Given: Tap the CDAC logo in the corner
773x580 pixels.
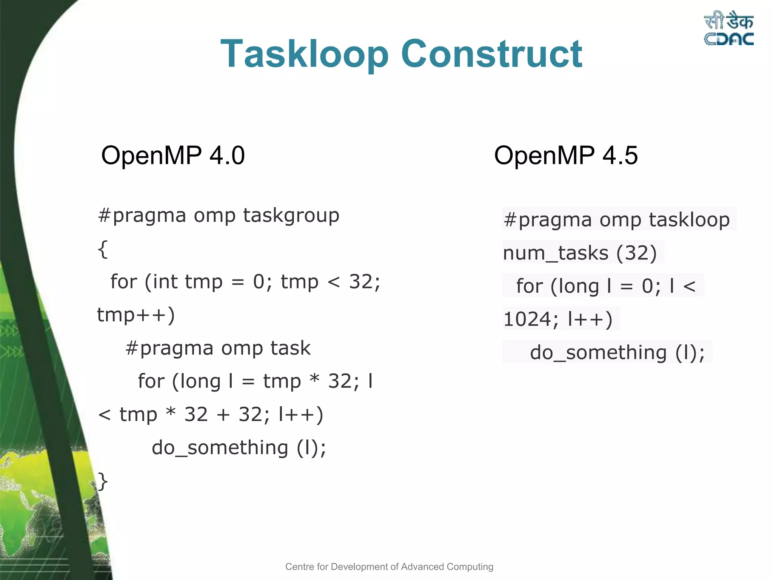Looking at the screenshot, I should [x=728, y=29].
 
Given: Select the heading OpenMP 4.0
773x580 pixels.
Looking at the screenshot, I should [x=173, y=155].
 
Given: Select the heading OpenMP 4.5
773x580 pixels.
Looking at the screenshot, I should [x=566, y=155].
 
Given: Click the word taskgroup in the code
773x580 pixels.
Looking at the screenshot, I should [x=291, y=216].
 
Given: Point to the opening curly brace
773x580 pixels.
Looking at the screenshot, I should [x=103, y=249].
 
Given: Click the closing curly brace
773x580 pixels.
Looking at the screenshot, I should [x=103, y=481].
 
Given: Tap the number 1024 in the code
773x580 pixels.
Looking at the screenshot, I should [x=528, y=319].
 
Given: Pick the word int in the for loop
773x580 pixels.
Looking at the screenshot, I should [x=165, y=282].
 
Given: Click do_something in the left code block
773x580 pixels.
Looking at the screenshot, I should [x=220, y=448].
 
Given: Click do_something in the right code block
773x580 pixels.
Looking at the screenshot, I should [x=598, y=353].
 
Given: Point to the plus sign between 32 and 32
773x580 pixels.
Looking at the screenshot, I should [x=223, y=415].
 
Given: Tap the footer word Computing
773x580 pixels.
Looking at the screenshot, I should [x=470, y=567].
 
